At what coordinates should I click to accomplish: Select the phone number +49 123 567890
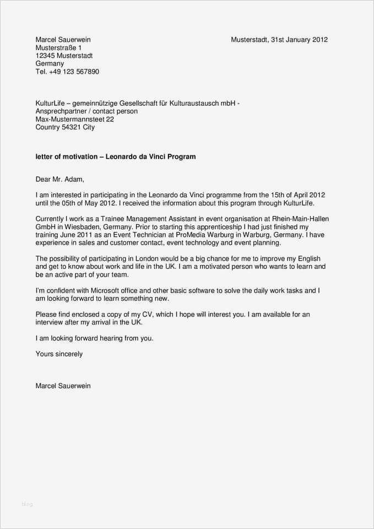coord(73,72)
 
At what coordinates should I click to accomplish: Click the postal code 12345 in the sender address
coord(46,56)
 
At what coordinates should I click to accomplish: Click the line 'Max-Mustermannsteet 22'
coord(74,119)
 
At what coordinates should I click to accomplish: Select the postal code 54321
coord(71,127)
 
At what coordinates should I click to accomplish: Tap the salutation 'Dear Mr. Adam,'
coord(60,179)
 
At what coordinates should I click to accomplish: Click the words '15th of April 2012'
coord(296,195)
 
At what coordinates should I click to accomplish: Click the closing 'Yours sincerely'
coord(59,354)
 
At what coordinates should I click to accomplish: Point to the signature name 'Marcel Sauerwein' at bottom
coord(63,386)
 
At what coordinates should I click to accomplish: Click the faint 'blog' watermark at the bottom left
coord(27,504)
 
